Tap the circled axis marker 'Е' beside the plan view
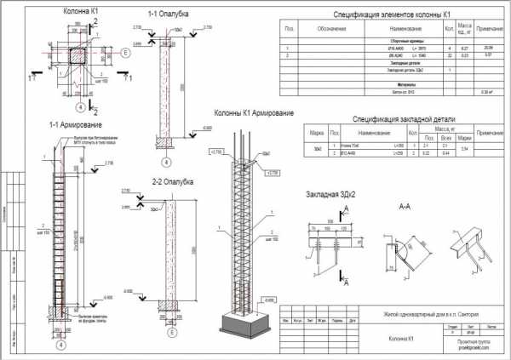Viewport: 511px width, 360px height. point(125,53)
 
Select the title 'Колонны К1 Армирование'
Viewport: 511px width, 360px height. point(254,112)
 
